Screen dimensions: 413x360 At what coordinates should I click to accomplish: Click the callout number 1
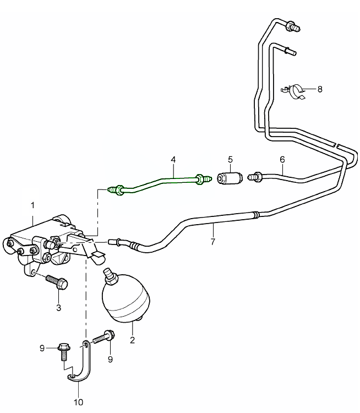[32, 205]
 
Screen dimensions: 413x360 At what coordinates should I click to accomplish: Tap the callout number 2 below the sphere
[132, 340]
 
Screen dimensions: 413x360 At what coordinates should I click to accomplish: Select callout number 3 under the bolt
[58, 307]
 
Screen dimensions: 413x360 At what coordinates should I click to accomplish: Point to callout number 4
[173, 160]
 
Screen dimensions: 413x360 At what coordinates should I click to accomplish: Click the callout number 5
[230, 160]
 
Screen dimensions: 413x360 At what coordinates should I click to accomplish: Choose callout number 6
[282, 160]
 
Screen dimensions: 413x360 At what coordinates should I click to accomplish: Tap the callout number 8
[320, 88]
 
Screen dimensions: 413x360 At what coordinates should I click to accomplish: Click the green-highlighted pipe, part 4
[160, 181]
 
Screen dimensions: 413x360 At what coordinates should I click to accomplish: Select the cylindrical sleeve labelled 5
[229, 178]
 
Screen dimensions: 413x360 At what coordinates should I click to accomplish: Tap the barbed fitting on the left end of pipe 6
[255, 177]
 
